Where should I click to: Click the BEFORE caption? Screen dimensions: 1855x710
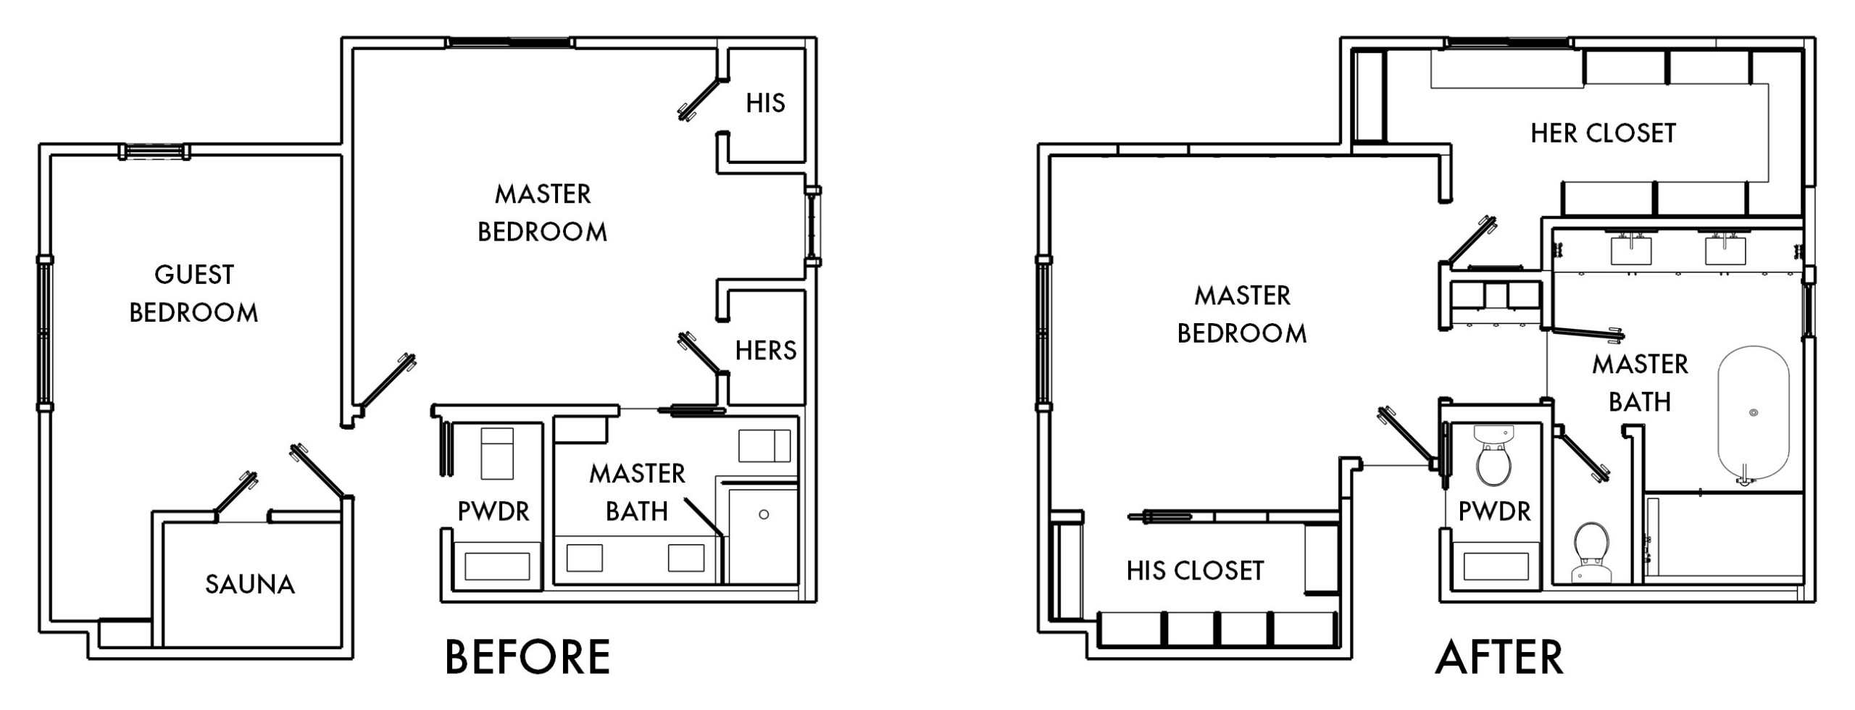tap(527, 657)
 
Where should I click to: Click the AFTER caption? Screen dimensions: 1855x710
tap(1498, 657)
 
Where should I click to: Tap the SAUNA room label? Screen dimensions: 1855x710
tap(250, 585)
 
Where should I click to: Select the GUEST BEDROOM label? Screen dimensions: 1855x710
tap(193, 293)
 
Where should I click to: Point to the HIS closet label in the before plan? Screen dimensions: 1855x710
tap(766, 104)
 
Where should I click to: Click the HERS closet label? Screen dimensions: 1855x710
tap(766, 351)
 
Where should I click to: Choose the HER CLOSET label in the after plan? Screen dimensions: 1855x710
tap(1603, 133)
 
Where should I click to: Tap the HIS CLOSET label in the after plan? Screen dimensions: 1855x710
tap(1195, 571)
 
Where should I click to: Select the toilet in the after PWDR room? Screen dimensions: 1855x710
tap(1493, 464)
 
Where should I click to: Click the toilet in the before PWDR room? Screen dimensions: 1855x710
tap(497, 453)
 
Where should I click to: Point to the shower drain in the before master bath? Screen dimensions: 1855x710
tap(763, 514)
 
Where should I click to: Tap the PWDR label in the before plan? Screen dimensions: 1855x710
tap(493, 511)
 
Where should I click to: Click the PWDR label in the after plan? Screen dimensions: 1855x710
tap(1494, 511)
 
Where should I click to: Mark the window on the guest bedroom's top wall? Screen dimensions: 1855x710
tap(154, 151)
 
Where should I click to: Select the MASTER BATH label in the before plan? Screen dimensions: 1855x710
tap(637, 493)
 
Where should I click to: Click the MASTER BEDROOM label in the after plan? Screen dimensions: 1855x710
tap(1242, 314)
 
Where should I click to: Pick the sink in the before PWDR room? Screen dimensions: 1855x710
tap(497, 565)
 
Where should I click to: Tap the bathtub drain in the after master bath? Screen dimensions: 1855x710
tap(1753, 412)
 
